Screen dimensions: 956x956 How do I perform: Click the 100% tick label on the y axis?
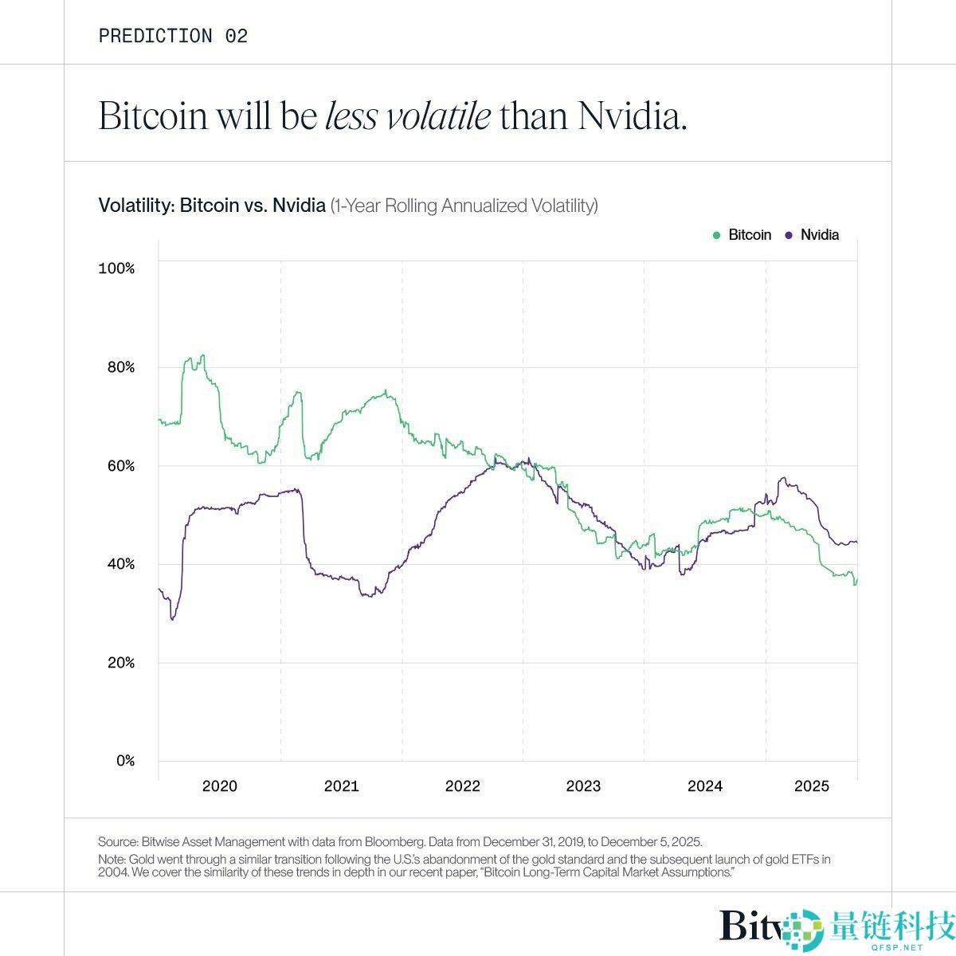coord(116,268)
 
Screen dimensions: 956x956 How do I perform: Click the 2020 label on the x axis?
coord(220,786)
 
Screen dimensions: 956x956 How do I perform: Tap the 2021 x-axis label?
coord(341,786)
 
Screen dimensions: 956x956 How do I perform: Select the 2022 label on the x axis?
coord(463,786)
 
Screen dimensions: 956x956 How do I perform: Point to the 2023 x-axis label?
coord(584,786)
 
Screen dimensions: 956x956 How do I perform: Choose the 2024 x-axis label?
coord(705,786)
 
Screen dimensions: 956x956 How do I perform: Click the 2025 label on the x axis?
coord(812,786)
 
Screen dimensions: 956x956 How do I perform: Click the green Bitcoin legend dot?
coord(716,235)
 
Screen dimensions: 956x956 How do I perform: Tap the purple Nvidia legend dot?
coord(789,235)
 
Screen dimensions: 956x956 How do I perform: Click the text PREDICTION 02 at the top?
coord(173,36)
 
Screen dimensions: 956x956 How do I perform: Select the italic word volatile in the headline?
coord(438,116)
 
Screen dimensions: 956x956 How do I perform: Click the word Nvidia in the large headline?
coord(631,116)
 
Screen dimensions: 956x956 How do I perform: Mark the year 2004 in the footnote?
coord(112,873)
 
